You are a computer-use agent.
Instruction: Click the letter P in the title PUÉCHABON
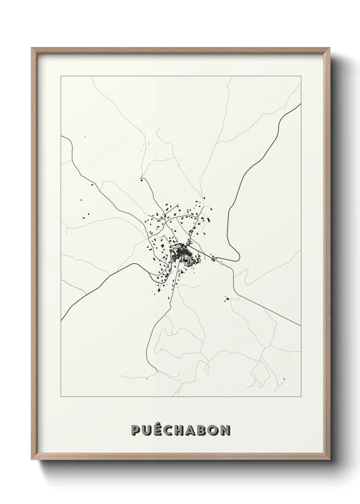tap(136, 430)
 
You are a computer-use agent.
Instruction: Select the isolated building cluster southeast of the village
tap(227, 299)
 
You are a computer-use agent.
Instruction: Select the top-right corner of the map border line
tap(301, 77)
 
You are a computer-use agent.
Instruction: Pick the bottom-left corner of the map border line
tap(61, 397)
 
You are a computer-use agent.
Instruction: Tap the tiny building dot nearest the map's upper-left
tap(85, 137)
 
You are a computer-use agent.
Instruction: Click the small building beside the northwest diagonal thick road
tap(92, 185)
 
